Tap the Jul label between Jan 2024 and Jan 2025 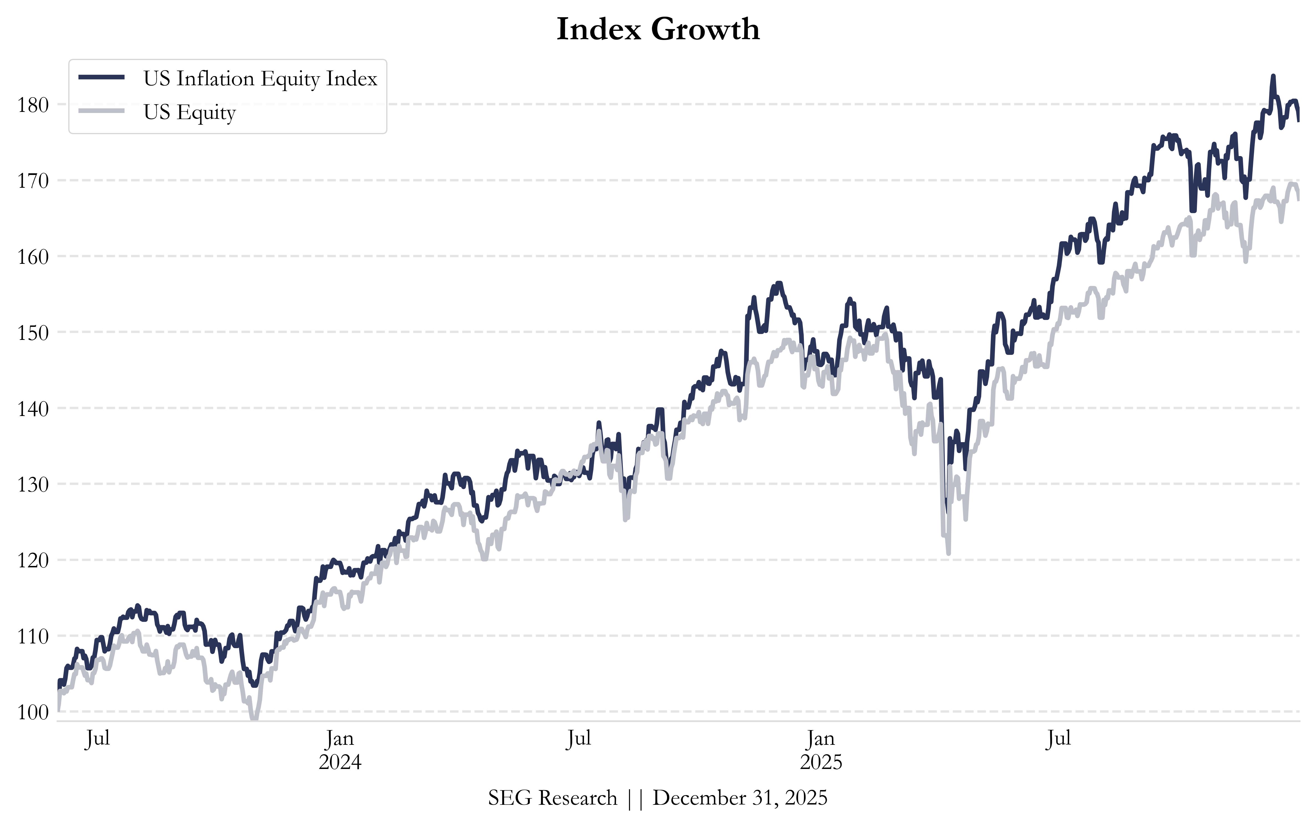coord(579,738)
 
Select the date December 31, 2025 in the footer coord(740,798)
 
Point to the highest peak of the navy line coord(1273,77)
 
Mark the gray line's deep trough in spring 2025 coord(948,553)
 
